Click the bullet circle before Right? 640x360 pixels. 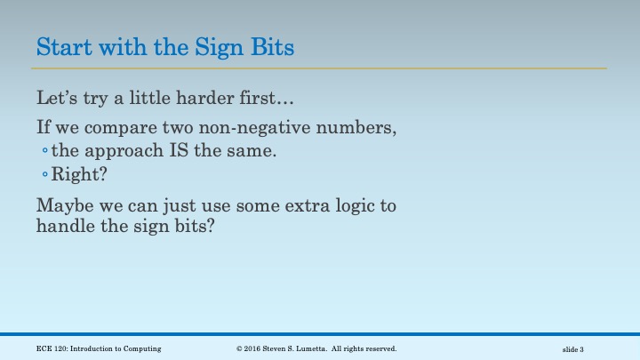coord(44,174)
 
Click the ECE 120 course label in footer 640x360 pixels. coord(99,348)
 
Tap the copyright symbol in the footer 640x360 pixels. coord(240,348)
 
